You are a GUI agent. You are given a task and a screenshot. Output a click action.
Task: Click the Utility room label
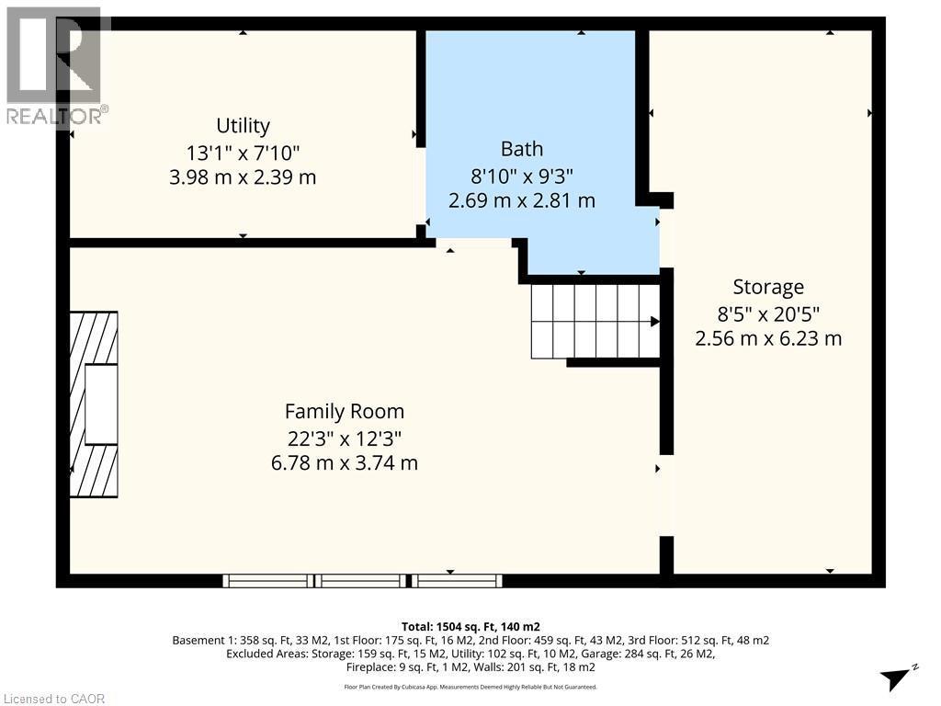click(243, 125)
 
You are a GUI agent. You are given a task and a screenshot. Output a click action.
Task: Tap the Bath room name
click(521, 149)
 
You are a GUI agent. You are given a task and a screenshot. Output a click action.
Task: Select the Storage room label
click(768, 286)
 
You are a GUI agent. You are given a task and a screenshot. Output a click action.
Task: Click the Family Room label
click(344, 411)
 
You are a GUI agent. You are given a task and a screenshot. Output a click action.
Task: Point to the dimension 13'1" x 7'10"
click(243, 152)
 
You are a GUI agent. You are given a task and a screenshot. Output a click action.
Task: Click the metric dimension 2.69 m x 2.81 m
click(521, 199)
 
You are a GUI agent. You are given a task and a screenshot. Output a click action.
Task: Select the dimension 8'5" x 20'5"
click(768, 313)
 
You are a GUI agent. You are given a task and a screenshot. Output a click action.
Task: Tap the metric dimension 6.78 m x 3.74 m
click(344, 462)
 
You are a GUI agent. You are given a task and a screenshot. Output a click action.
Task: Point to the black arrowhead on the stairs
click(655, 322)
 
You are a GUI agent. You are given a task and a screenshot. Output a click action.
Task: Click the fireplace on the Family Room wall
click(95, 404)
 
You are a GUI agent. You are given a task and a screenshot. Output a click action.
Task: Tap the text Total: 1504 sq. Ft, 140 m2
click(470, 625)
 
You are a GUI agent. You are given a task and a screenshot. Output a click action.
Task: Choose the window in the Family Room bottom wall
click(362, 580)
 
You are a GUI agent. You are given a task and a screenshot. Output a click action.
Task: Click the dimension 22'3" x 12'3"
click(344, 438)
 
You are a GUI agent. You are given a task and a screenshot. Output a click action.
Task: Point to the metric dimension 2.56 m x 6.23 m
click(768, 338)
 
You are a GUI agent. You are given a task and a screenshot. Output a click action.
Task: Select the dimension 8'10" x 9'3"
click(521, 175)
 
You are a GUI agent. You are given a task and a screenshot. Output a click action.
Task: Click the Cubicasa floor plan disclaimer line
click(470, 687)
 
